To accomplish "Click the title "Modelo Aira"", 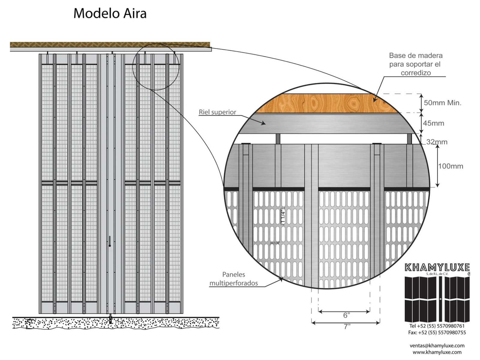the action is (110, 14).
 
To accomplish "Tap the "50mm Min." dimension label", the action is (442, 103).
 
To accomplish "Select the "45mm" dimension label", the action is (433, 123).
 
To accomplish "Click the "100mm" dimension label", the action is (451, 166).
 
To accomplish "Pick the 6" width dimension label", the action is (346, 315).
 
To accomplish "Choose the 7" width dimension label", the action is (346, 327).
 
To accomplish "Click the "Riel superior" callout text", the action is (217, 112).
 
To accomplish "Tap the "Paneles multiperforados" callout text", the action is (234, 279).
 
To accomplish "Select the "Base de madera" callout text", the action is (416, 64).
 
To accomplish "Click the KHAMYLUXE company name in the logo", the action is (437, 267).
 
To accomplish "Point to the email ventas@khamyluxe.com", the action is (437, 346).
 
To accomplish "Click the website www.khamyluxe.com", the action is (437, 352).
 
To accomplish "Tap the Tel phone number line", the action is (437, 326).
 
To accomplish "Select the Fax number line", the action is (437, 332).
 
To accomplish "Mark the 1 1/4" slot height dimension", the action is (282, 217).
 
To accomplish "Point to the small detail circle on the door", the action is (156, 67).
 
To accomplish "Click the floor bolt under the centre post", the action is (110, 319).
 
